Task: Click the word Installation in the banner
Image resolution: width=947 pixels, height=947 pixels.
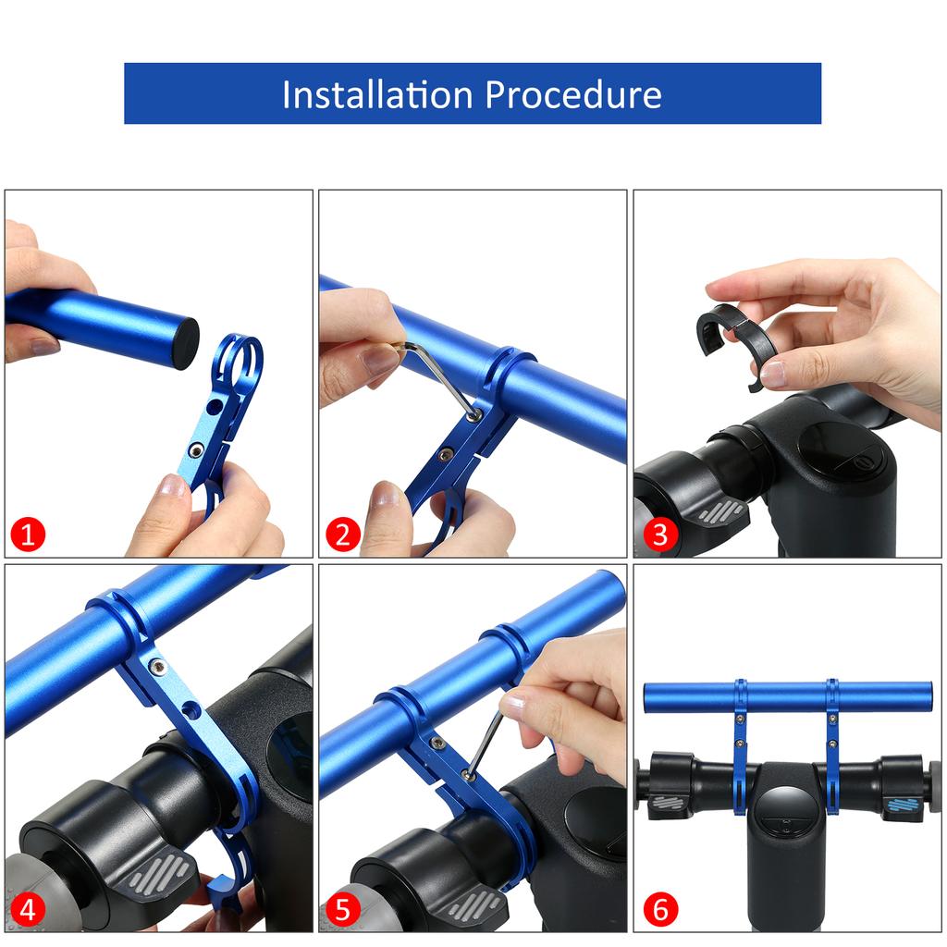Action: pyautogui.click(x=377, y=94)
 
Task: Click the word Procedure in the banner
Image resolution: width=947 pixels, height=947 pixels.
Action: pyautogui.click(x=573, y=94)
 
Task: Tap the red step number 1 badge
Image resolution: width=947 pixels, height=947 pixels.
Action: pyautogui.click(x=28, y=535)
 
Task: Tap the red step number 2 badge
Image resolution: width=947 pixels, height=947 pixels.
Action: pyautogui.click(x=342, y=535)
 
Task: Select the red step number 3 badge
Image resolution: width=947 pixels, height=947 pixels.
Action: pyautogui.click(x=659, y=535)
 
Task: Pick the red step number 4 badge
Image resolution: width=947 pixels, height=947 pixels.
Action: pyautogui.click(x=28, y=909)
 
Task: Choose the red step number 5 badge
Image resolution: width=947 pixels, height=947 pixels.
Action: pyautogui.click(x=342, y=909)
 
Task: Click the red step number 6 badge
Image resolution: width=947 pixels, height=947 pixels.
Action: pyautogui.click(x=659, y=909)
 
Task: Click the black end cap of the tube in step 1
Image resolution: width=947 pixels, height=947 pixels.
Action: pyautogui.click(x=186, y=344)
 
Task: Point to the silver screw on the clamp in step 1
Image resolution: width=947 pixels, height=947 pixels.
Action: pyautogui.click(x=196, y=449)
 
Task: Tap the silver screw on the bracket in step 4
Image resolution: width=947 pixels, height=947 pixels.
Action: pyautogui.click(x=158, y=666)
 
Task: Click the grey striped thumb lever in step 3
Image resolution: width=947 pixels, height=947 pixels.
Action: pyautogui.click(x=720, y=510)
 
